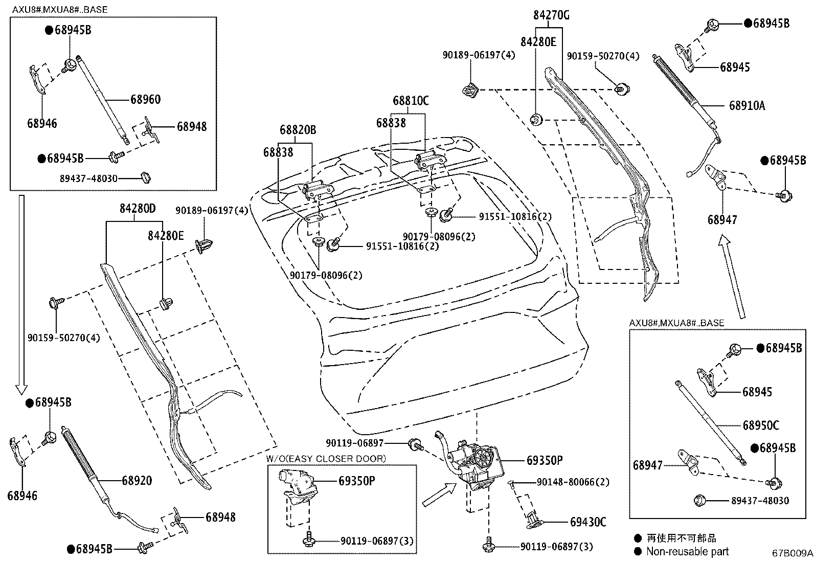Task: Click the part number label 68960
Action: point(145,99)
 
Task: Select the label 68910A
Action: point(747,106)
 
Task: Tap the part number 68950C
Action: point(761,425)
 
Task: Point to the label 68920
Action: point(137,480)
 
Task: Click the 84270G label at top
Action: point(551,15)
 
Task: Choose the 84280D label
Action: point(138,209)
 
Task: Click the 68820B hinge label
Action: point(298,130)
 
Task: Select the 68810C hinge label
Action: point(411,101)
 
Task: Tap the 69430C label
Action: point(588,522)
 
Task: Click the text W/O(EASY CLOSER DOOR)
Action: point(326,459)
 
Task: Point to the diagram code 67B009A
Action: point(792,553)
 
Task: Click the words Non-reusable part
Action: point(687,551)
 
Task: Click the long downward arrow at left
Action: point(20,291)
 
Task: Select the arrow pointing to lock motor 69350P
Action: point(438,496)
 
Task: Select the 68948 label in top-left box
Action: point(192,126)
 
